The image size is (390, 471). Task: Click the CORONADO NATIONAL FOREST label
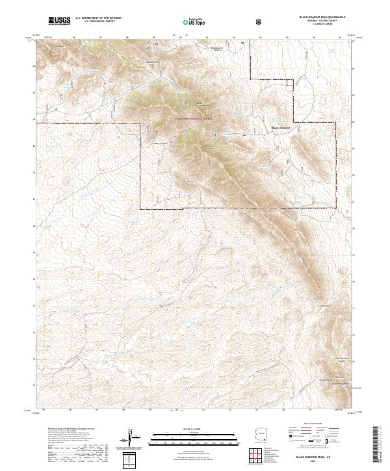(x=195, y=120)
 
